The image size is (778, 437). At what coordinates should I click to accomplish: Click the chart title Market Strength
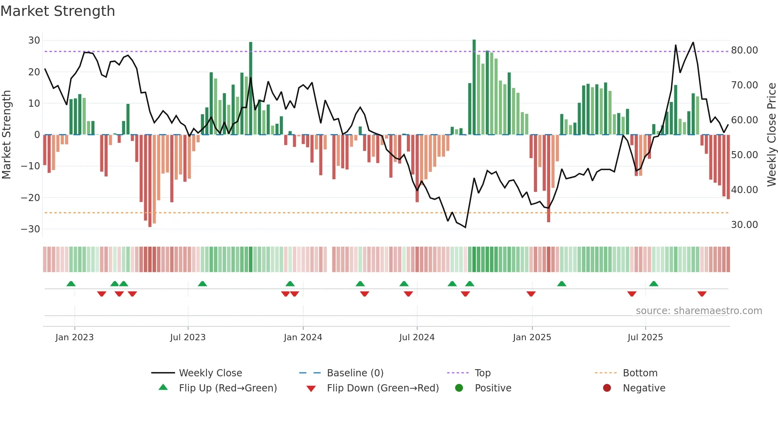pos(58,11)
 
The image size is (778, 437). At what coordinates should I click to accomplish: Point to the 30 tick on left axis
pos(34,40)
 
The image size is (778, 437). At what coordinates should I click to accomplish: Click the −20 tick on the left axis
pos(31,197)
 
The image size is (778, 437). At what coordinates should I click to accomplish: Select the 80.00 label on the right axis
pos(744,50)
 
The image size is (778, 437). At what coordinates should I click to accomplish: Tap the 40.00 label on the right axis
pos(744,190)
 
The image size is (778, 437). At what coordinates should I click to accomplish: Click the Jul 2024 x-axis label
pos(417,337)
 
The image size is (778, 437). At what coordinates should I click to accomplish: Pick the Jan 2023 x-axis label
pos(75,337)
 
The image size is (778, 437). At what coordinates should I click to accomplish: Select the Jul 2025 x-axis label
pos(645,337)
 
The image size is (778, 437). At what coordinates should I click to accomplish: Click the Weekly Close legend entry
pos(210,373)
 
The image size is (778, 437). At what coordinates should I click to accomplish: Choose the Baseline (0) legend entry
pos(355,373)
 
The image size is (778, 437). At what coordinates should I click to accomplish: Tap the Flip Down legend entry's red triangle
pos(311,389)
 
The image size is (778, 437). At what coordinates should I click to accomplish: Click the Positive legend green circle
pos(459,388)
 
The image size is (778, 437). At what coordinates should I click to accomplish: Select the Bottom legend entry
pos(640,373)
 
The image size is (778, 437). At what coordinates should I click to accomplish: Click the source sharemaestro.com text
pos(699,311)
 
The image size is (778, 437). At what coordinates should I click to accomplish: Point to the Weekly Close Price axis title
pos(771,134)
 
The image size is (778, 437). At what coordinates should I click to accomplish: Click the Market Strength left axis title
pos(7,134)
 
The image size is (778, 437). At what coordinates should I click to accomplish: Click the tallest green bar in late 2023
pos(250,87)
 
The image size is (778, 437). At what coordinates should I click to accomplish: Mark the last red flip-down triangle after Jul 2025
pos(702,294)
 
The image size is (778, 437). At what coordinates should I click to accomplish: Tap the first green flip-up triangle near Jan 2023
pos(71,284)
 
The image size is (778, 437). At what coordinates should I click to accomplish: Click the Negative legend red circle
pos(607,388)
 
